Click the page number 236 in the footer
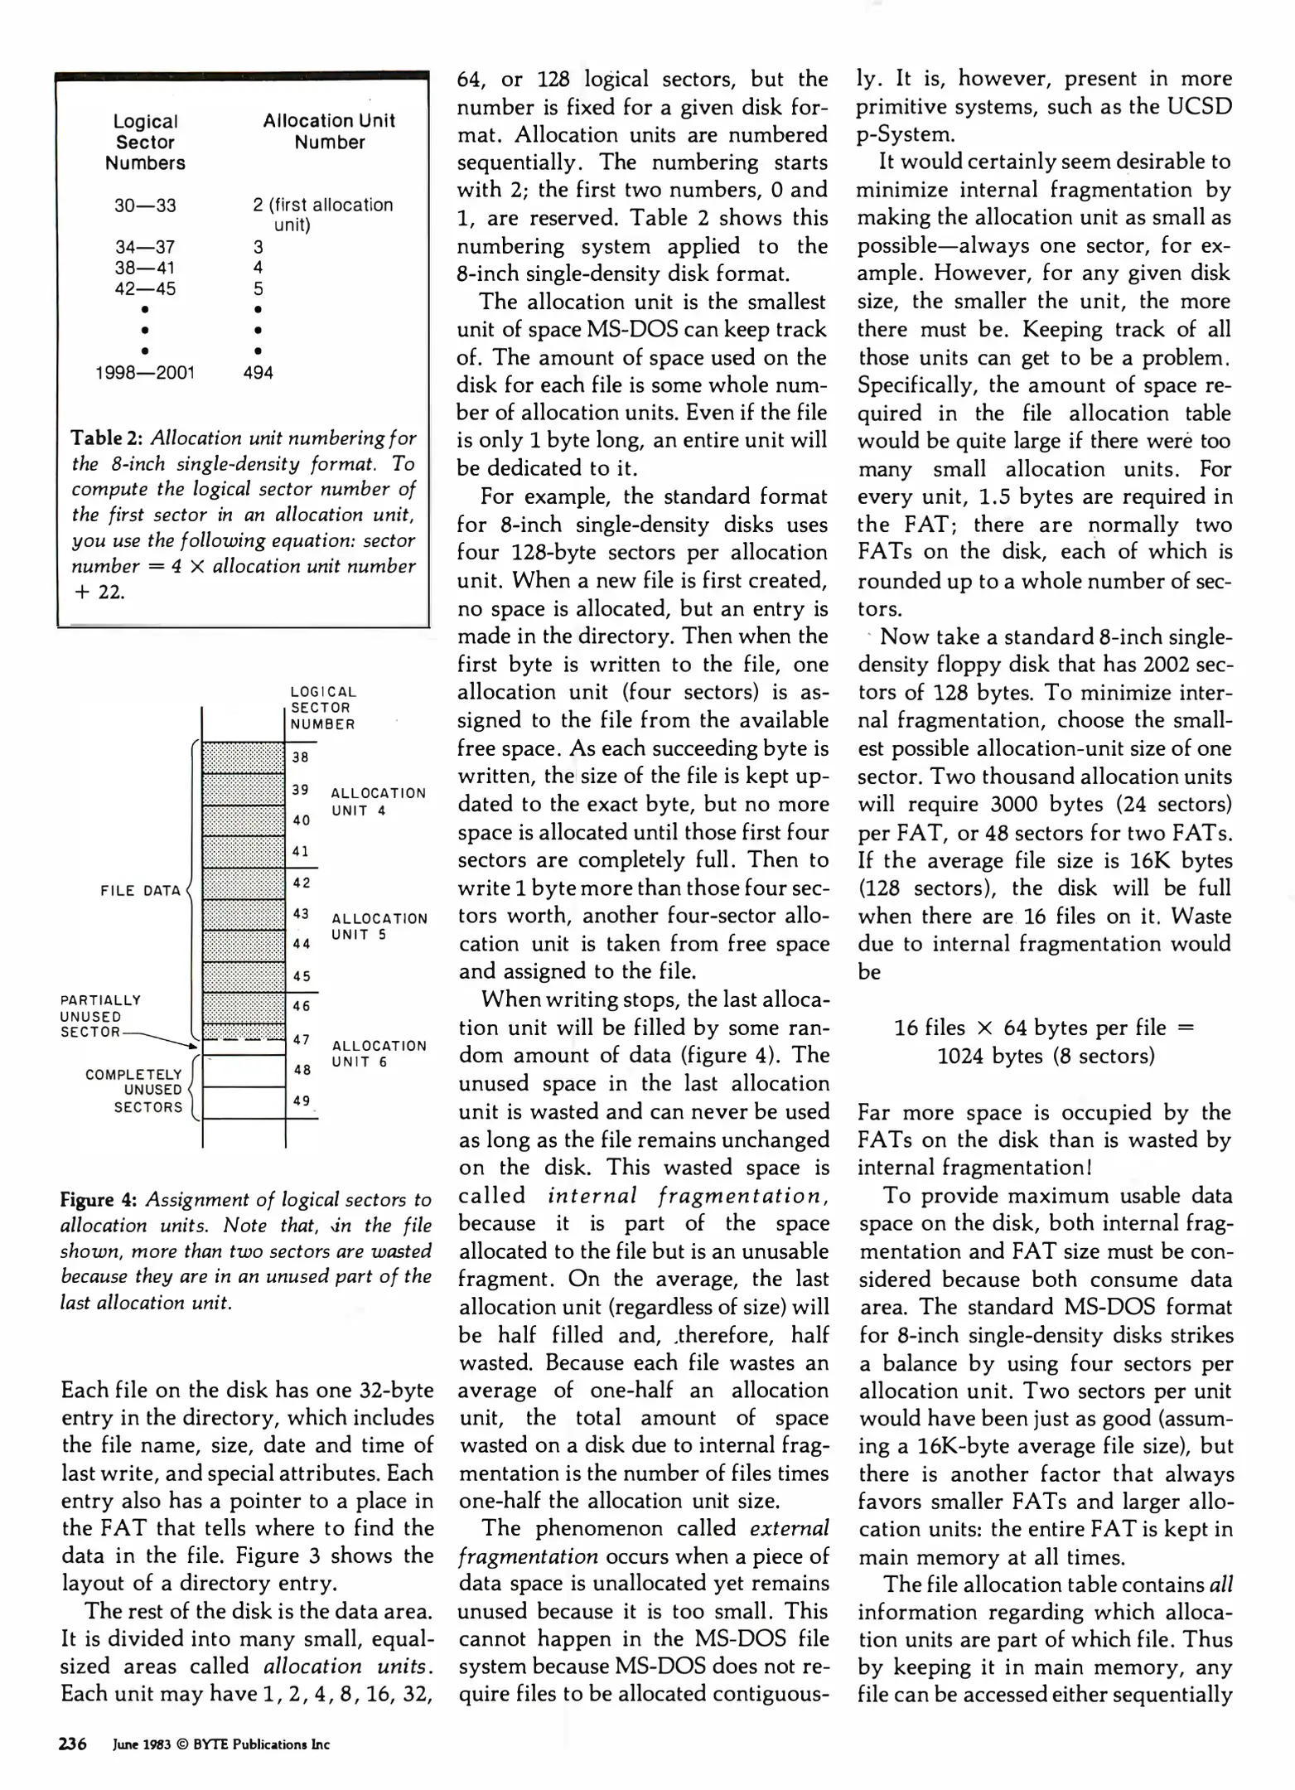pyautogui.click(x=73, y=1744)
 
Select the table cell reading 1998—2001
pyautogui.click(x=145, y=372)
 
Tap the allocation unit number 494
pyautogui.click(x=258, y=372)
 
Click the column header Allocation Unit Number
pyautogui.click(x=329, y=131)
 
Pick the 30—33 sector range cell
pyautogui.click(x=145, y=206)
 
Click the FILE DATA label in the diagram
pyautogui.click(x=140, y=891)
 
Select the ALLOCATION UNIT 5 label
pyautogui.click(x=379, y=926)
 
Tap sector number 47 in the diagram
pyautogui.click(x=302, y=1039)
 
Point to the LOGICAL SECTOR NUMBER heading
pyautogui.click(x=323, y=708)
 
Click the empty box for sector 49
pyautogui.click(x=244, y=1102)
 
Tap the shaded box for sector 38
pyautogui.click(x=244, y=757)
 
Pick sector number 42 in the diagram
pyautogui.click(x=302, y=883)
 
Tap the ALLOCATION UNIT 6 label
pyautogui.click(x=379, y=1053)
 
